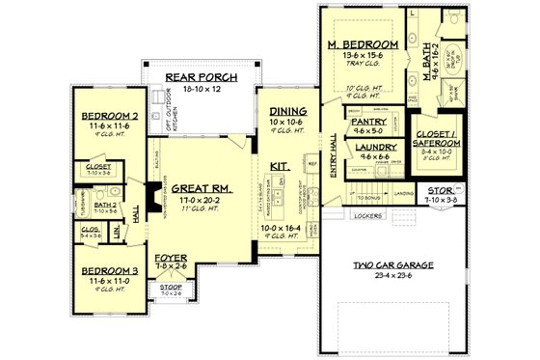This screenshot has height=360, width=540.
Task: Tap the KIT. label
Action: (x=281, y=165)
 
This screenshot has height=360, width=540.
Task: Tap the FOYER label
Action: (x=171, y=259)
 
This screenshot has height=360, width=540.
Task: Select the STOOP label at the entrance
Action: (x=171, y=287)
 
